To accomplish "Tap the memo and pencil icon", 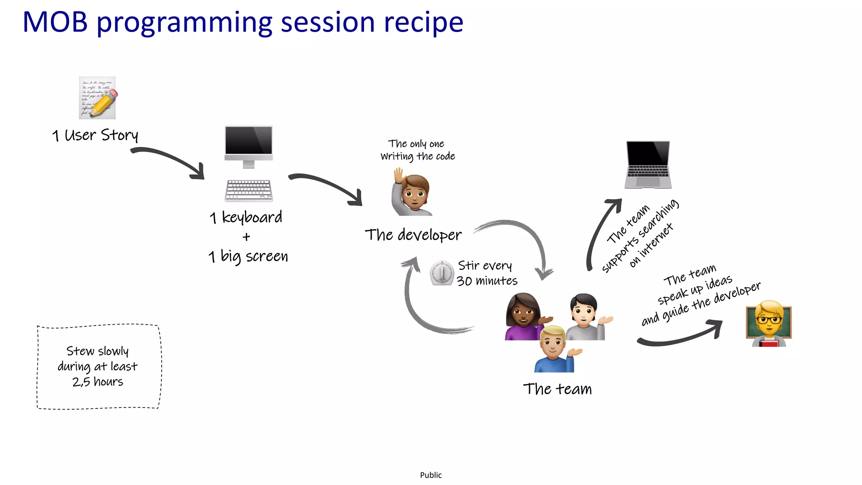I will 98,98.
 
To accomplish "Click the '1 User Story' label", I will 95,136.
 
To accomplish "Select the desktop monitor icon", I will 249,146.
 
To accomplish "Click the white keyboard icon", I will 249,190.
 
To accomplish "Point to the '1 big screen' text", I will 248,256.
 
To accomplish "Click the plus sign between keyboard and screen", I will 246,237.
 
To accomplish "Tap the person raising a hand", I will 412,192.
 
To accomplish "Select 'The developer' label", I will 413,235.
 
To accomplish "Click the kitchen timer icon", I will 442,273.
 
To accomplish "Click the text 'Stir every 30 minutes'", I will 487,273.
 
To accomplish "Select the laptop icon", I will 648,165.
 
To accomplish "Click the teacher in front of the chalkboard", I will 769,323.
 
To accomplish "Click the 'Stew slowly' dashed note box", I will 99,366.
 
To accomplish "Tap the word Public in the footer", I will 431,475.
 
